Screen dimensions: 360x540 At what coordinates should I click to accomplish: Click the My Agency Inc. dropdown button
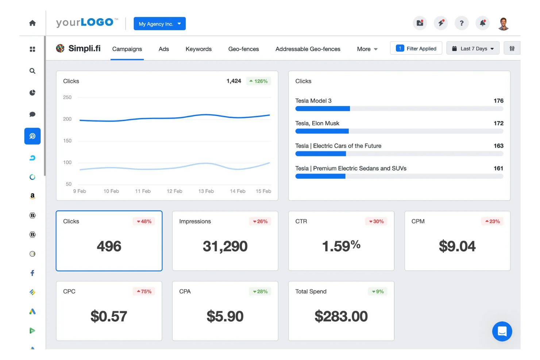tap(159, 24)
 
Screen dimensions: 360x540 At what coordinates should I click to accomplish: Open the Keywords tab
tap(198, 49)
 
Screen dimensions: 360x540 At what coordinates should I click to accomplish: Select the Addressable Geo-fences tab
tap(308, 49)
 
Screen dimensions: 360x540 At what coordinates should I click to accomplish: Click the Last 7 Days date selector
tap(473, 49)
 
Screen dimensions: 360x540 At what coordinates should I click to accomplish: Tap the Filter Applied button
tap(416, 49)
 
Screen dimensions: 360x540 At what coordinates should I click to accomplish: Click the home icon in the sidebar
tap(32, 23)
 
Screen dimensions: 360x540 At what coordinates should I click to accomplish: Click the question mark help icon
tap(462, 23)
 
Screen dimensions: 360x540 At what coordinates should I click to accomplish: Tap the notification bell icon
tap(482, 23)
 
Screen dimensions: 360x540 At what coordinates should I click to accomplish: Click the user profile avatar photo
tap(504, 24)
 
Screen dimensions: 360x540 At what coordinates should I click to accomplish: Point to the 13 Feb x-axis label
tap(206, 191)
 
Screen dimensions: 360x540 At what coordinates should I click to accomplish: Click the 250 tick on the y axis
tap(67, 97)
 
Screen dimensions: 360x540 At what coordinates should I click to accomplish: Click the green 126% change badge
tap(258, 81)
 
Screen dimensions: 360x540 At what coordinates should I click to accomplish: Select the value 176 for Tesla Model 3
tap(498, 101)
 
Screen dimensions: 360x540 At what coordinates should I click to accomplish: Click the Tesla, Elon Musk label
tap(317, 123)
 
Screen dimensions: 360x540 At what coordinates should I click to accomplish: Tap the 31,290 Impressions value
tap(225, 247)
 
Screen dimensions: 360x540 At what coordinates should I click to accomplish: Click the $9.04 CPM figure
tap(457, 247)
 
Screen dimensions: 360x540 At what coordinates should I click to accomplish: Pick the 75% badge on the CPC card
tap(144, 291)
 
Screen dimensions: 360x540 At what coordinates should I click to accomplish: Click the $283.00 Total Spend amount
tap(341, 317)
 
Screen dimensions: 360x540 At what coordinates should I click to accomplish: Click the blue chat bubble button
tap(502, 331)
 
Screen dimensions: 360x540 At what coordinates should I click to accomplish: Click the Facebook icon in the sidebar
tap(32, 273)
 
